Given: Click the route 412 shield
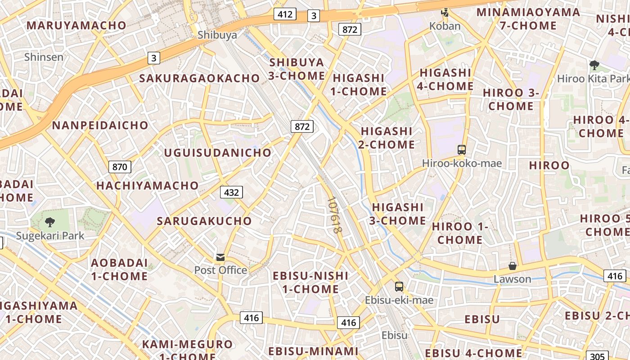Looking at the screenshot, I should [x=285, y=14].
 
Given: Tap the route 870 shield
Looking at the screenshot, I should [x=120, y=167].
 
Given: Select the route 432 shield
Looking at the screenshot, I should [x=231, y=193].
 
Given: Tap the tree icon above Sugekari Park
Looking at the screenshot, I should [x=50, y=222].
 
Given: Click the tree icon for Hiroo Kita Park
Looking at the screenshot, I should [x=594, y=65].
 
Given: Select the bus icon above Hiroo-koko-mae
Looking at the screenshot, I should [x=461, y=149].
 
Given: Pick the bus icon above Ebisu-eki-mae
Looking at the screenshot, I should [x=399, y=286].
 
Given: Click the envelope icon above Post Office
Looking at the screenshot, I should [x=220, y=257].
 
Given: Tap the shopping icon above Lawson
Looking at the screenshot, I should [x=512, y=266].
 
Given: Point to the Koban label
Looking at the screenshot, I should [x=445, y=26].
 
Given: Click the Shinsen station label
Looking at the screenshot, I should [x=44, y=57].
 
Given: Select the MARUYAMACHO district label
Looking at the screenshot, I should [x=76, y=25].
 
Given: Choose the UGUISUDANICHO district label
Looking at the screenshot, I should [x=218, y=153].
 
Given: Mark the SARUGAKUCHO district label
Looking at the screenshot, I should [x=204, y=221].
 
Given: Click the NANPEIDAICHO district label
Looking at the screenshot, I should [x=100, y=125].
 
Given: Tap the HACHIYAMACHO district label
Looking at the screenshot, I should [x=148, y=185].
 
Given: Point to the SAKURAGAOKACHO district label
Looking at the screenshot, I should [x=200, y=78].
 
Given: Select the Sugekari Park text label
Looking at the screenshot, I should [x=50, y=235].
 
